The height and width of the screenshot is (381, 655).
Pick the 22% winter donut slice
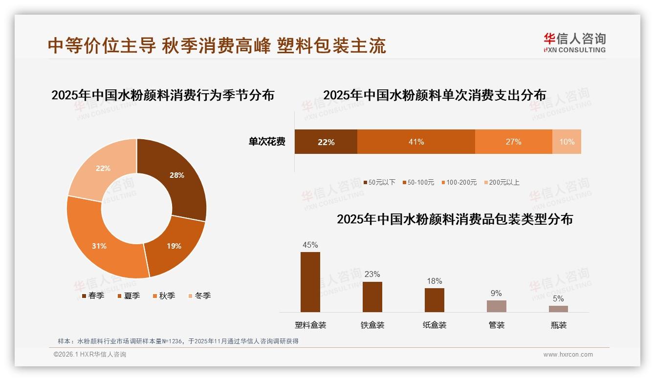(103, 169)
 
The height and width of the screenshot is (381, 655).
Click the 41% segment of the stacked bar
(416, 142)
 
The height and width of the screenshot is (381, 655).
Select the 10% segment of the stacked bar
(567, 142)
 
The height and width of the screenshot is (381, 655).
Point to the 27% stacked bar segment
(513, 142)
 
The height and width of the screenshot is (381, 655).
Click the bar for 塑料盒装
(310, 282)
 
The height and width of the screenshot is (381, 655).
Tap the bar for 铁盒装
(372, 296)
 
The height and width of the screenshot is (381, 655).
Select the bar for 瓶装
(558, 309)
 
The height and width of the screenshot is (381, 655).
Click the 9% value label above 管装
(496, 293)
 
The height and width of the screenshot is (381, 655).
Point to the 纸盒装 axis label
(434, 325)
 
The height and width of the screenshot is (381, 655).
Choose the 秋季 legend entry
(164, 296)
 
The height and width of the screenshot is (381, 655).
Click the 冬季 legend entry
(199, 296)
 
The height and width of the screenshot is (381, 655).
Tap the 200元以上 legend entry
(502, 182)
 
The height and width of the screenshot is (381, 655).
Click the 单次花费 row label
(267, 142)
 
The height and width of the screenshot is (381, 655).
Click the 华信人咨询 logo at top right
(574, 42)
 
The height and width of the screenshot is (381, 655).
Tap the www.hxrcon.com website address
(568, 355)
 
